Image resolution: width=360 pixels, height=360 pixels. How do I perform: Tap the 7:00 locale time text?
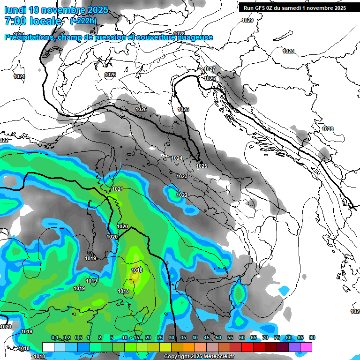tap(32, 21)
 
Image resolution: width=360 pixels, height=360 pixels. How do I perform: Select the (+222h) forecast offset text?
tap(84, 21)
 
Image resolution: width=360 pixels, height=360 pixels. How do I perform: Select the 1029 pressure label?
tap(247, 20)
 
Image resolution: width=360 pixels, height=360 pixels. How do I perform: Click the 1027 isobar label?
tap(210, 69)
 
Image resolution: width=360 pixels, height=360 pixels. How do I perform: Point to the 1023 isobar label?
tap(182, 176)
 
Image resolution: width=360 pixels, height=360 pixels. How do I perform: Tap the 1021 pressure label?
tap(118, 189)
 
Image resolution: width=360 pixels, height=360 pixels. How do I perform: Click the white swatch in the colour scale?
tap(48, 347)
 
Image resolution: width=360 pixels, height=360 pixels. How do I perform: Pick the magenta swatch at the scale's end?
tap(306, 347)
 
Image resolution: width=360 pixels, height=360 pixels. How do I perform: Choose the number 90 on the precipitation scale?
tap(312, 338)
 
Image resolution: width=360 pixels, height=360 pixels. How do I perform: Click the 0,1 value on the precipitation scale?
tap(55, 338)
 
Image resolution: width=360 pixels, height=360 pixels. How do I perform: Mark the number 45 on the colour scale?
tap(207, 338)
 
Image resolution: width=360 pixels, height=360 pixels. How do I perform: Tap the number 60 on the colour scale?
tap(242, 338)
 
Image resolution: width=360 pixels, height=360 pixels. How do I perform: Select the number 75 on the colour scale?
tap(277, 338)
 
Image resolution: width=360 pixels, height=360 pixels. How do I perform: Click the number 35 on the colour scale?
tap(183, 338)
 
